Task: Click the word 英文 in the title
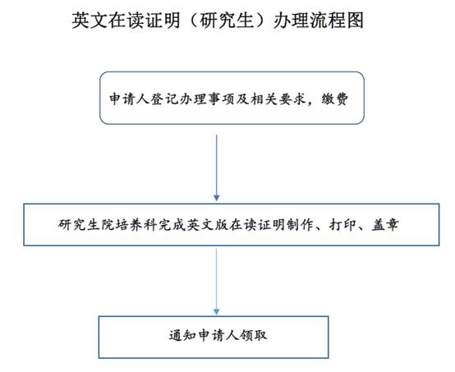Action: tap(90, 21)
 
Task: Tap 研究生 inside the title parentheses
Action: tap(227, 21)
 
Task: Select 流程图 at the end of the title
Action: tap(337, 21)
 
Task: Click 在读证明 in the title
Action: tap(145, 21)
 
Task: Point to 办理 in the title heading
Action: tap(292, 21)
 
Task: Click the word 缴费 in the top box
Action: tap(334, 99)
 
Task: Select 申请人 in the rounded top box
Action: tap(130, 99)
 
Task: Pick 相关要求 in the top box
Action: tap(278, 99)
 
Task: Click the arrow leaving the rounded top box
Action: tap(217, 168)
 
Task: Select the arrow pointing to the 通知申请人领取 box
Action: tap(217, 282)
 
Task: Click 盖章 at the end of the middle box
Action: tap(385, 225)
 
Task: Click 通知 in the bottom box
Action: tap(182, 335)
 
